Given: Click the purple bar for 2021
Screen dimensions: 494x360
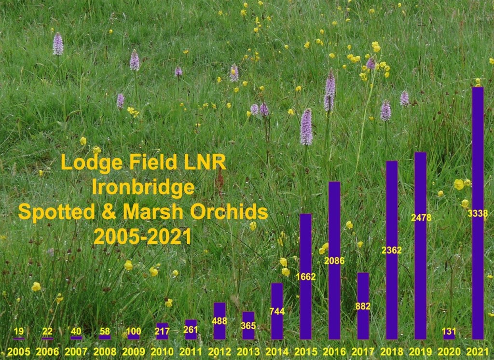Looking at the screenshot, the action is click(x=478, y=213).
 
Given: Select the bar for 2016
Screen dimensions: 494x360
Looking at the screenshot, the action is click(x=334, y=261).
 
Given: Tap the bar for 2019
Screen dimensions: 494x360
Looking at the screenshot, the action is click(x=420, y=246).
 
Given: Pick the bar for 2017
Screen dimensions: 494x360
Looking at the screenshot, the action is click(x=363, y=306).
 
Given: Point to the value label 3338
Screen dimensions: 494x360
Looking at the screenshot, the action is click(x=478, y=213).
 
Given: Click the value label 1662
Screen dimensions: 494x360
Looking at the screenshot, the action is click(x=305, y=277).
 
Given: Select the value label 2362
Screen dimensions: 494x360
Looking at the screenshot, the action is click(x=392, y=250).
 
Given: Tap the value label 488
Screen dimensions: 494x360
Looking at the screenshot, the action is click(x=220, y=321).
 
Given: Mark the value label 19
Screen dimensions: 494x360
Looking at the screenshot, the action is click(x=19, y=331).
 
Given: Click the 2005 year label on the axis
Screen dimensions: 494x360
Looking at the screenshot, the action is click(x=19, y=351).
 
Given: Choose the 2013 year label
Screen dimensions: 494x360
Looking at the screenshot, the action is click(x=248, y=351).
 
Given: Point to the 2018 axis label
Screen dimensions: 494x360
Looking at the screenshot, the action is click(x=392, y=351).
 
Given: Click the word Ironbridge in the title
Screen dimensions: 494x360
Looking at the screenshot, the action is click(x=143, y=187).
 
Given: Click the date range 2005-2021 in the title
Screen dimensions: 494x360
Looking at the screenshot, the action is click(x=143, y=236).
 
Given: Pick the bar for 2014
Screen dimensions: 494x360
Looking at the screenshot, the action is click(x=277, y=311).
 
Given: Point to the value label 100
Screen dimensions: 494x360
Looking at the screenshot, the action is click(x=133, y=331).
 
